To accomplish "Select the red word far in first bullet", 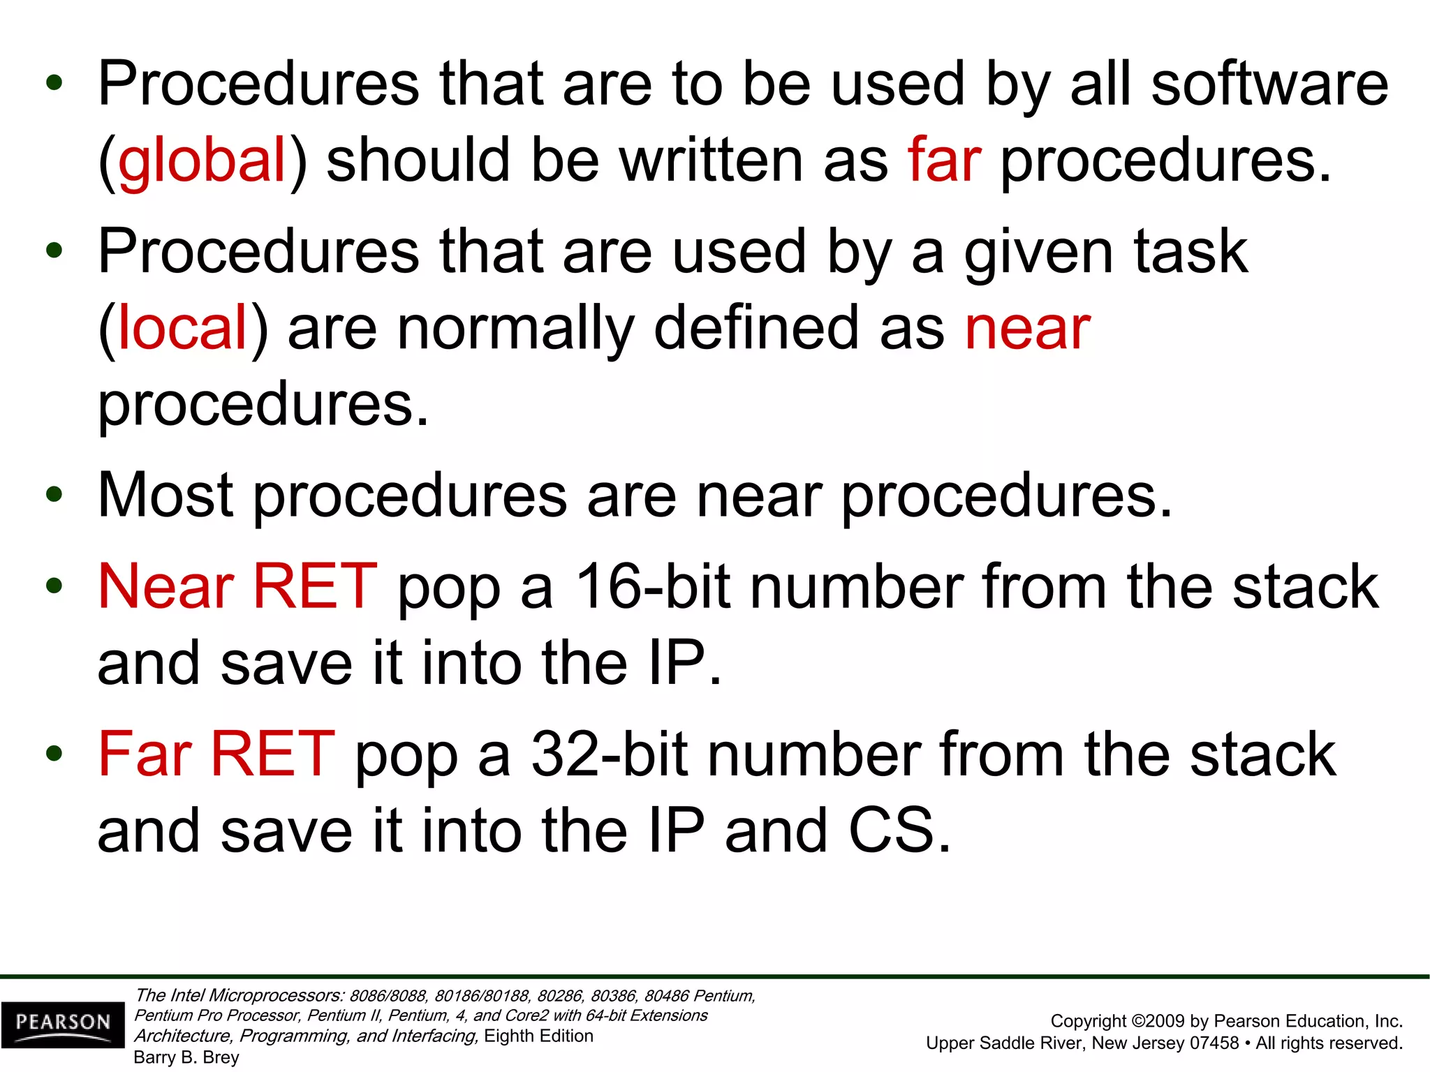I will tap(944, 161).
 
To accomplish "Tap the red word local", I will tap(183, 328).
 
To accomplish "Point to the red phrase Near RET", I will tap(237, 586).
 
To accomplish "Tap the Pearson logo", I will tap(63, 1023).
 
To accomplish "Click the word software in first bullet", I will tap(1269, 84).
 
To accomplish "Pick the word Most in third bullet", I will tap(165, 496).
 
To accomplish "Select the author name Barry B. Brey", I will tap(186, 1057).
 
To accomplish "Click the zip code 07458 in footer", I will tap(1214, 1043).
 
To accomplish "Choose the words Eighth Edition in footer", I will tap(538, 1036).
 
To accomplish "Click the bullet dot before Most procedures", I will tap(54, 496).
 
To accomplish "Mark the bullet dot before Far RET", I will tap(54, 754).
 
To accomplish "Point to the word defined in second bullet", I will tap(755, 328).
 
